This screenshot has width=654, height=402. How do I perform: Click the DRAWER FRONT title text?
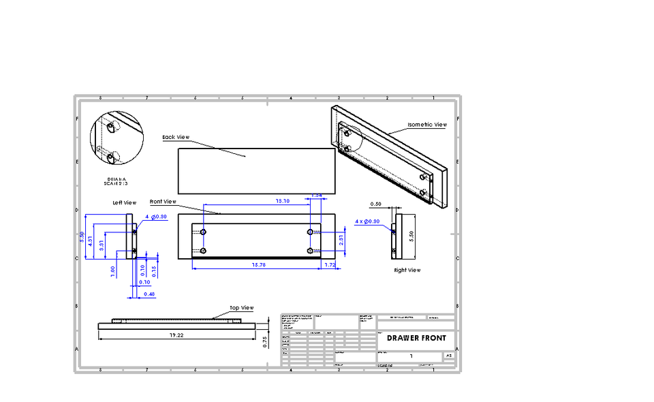tap(416, 338)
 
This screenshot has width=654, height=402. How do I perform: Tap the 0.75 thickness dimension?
tap(266, 342)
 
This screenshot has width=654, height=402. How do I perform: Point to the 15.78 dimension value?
tap(258, 264)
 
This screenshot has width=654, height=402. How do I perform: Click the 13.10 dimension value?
tap(282, 201)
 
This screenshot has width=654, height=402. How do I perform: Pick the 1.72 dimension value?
tap(330, 264)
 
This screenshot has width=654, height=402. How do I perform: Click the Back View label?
tap(176, 138)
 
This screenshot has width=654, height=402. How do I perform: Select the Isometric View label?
tap(427, 125)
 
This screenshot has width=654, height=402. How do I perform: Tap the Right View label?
tap(407, 270)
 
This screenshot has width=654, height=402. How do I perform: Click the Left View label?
tap(125, 202)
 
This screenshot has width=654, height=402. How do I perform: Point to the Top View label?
tap(241, 308)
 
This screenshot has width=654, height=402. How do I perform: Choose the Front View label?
tap(163, 202)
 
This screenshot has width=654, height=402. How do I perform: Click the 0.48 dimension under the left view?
tap(150, 294)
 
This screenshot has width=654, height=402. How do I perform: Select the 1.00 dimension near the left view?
tap(113, 269)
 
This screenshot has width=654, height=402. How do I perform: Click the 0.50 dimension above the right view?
tap(375, 204)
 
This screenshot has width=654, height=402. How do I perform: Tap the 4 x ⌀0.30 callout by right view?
tap(368, 221)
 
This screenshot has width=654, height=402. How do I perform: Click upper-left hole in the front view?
tap(203, 232)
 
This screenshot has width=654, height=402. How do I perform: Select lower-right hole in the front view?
tap(310, 251)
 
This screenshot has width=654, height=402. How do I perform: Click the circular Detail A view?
tap(116, 138)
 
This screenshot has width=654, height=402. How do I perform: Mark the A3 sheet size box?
tap(448, 356)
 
